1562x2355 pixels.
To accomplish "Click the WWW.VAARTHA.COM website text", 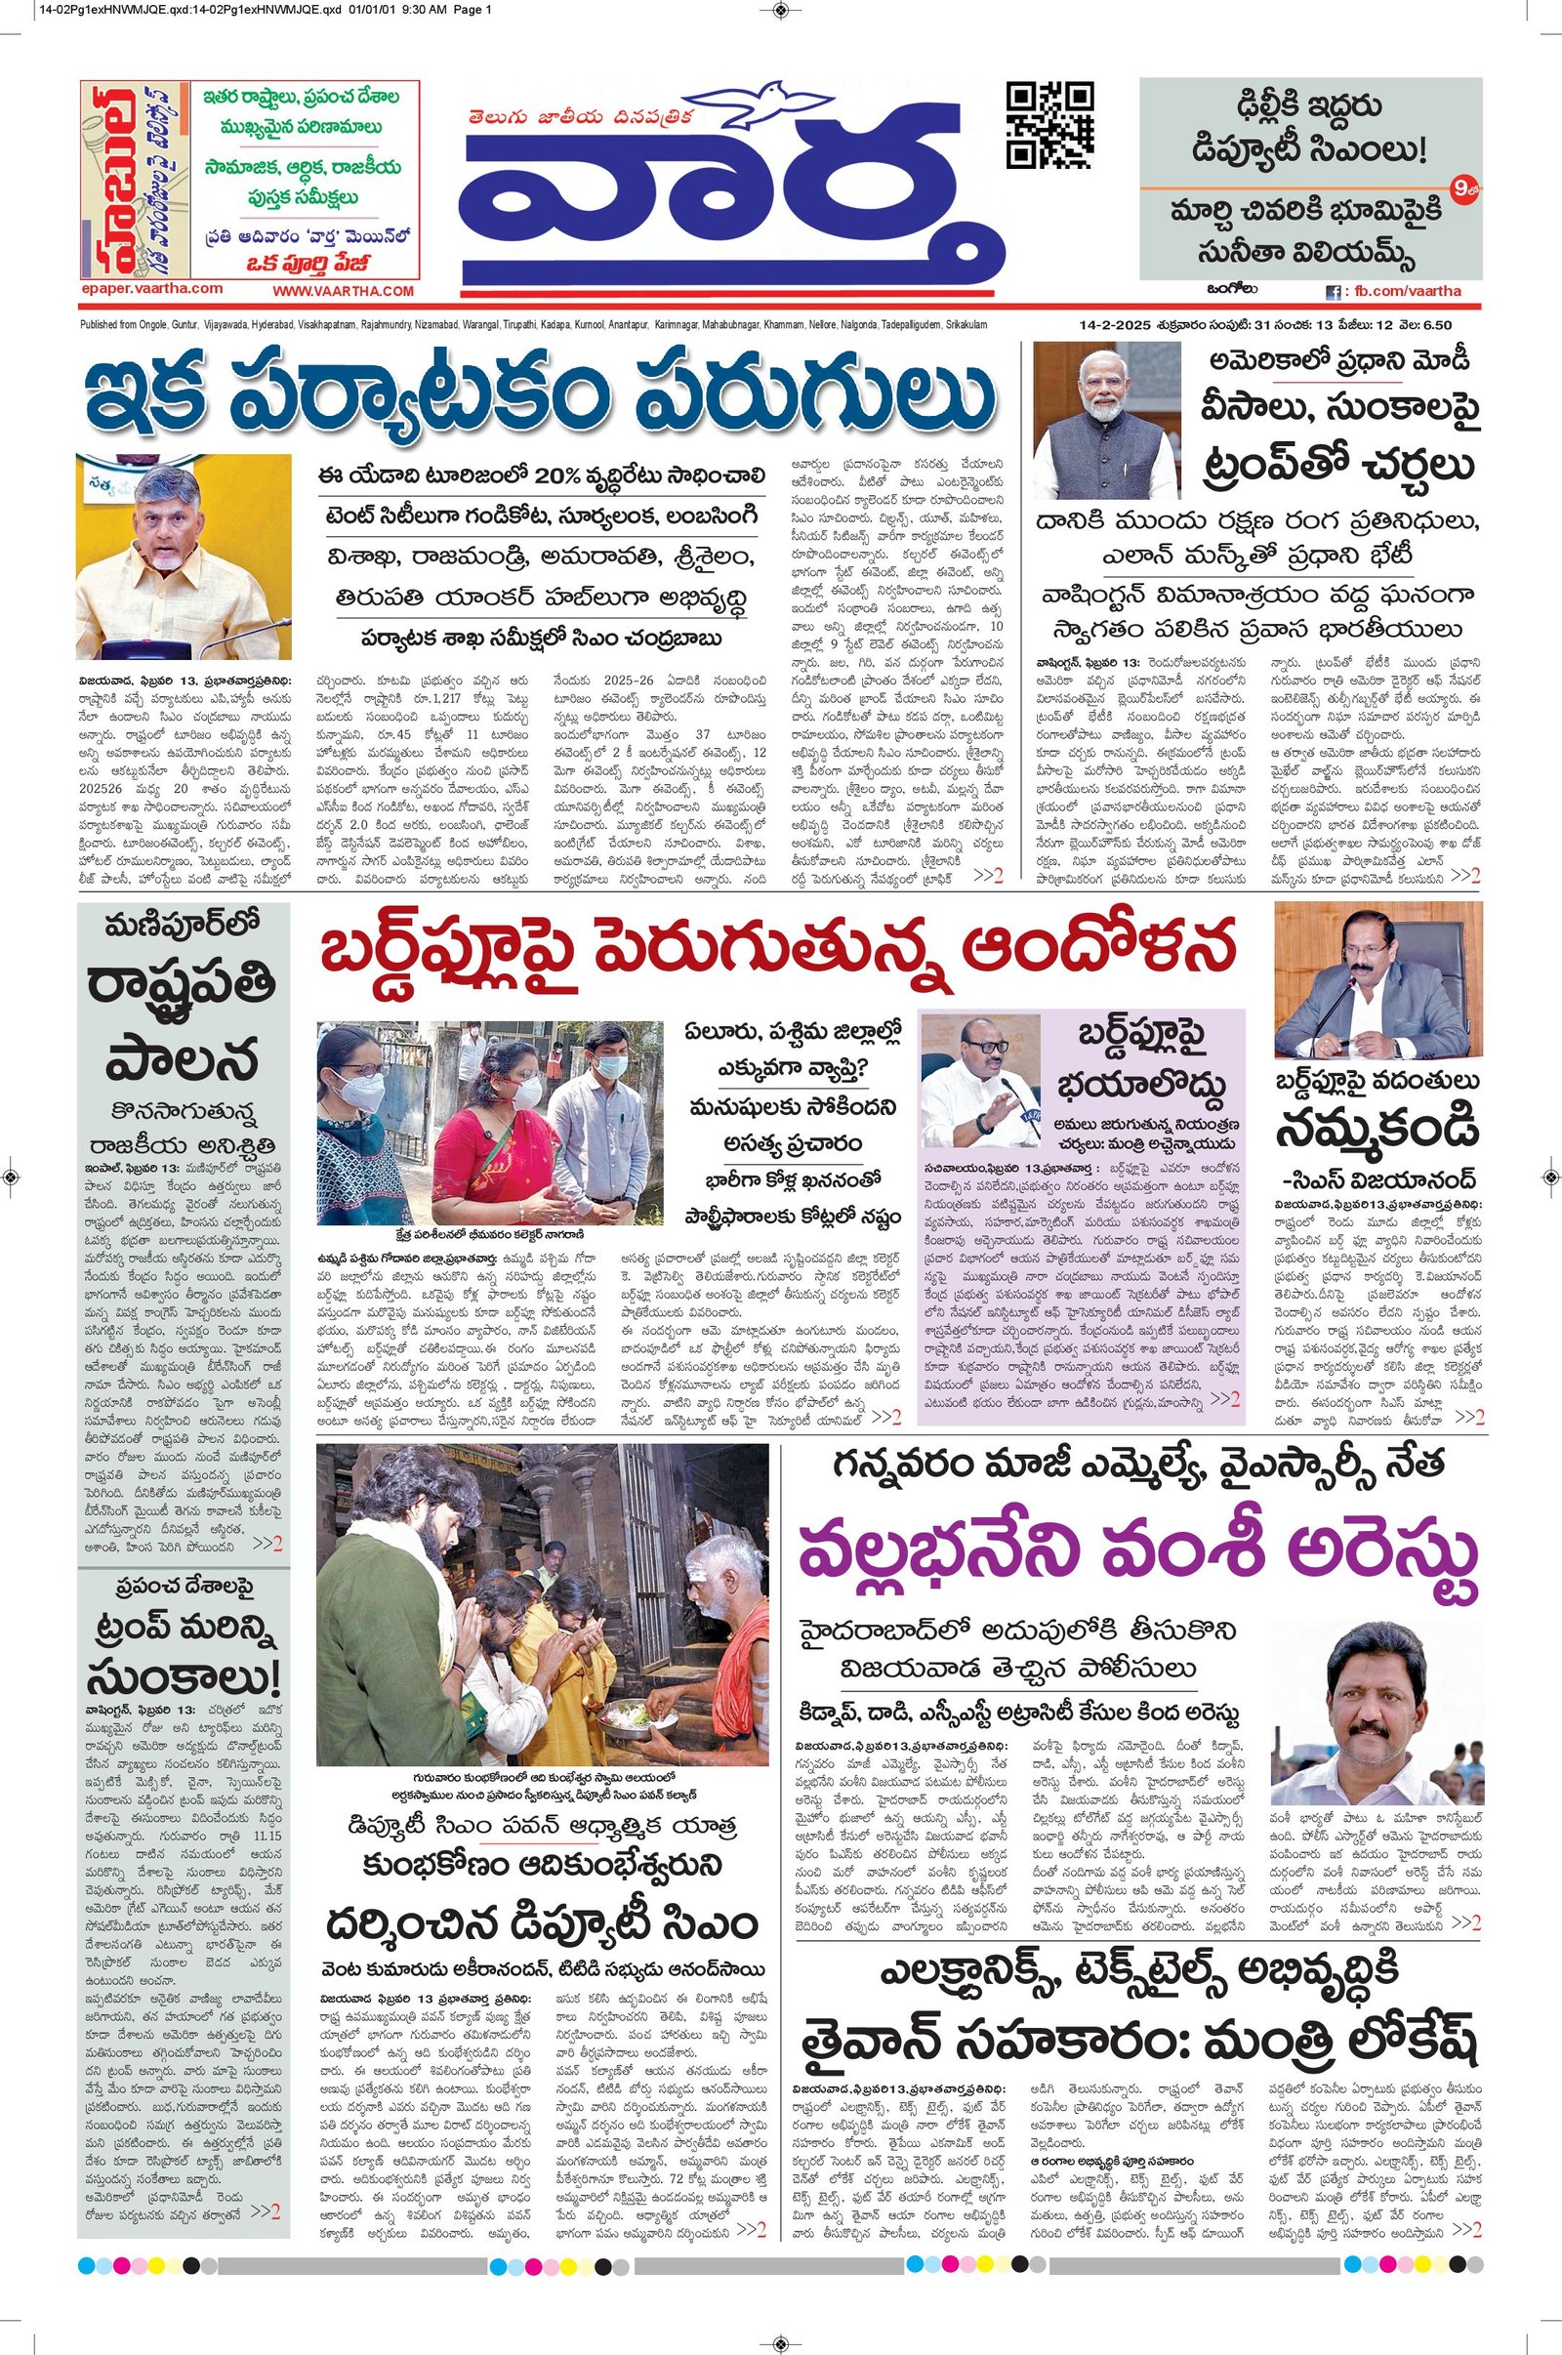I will pyautogui.click(x=342, y=291).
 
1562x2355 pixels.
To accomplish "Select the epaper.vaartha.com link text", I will pyautogui.click(x=151, y=288).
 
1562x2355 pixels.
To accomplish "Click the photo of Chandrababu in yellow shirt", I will pyautogui.click(x=184, y=556).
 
